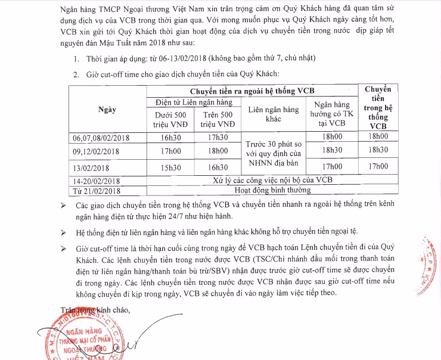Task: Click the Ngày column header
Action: pyautogui.click(x=107, y=110)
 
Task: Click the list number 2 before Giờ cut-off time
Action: pyautogui.click(x=76, y=74)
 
